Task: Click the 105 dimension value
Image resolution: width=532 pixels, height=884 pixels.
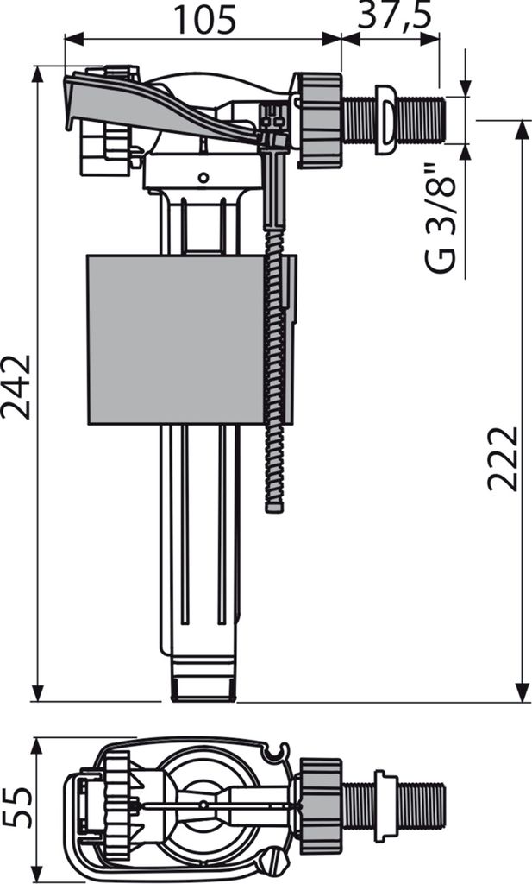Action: tap(204, 20)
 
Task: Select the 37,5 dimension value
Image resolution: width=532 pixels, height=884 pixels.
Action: tap(395, 16)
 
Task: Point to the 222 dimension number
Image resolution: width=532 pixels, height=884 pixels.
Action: tap(503, 459)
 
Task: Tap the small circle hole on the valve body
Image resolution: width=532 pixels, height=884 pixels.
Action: tap(203, 178)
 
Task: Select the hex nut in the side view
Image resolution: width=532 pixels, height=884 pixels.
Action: tap(319, 121)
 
